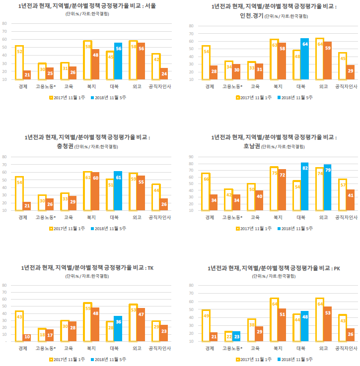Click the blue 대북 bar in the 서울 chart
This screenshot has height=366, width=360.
pos(118,61)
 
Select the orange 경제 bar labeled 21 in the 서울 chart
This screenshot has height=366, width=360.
pos(27,75)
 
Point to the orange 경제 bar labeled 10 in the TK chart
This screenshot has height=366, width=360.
pos(27,337)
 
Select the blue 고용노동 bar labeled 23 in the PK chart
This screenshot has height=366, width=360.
pos(236,336)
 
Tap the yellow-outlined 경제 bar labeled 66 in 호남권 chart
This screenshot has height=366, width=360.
pos(206,191)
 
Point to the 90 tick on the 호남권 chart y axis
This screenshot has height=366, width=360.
pos(191,157)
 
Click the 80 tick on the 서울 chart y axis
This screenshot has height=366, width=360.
pos(4,23)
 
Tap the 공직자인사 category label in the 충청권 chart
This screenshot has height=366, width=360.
pos(160,217)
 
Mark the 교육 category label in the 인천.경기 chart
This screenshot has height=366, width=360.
pos(252,86)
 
